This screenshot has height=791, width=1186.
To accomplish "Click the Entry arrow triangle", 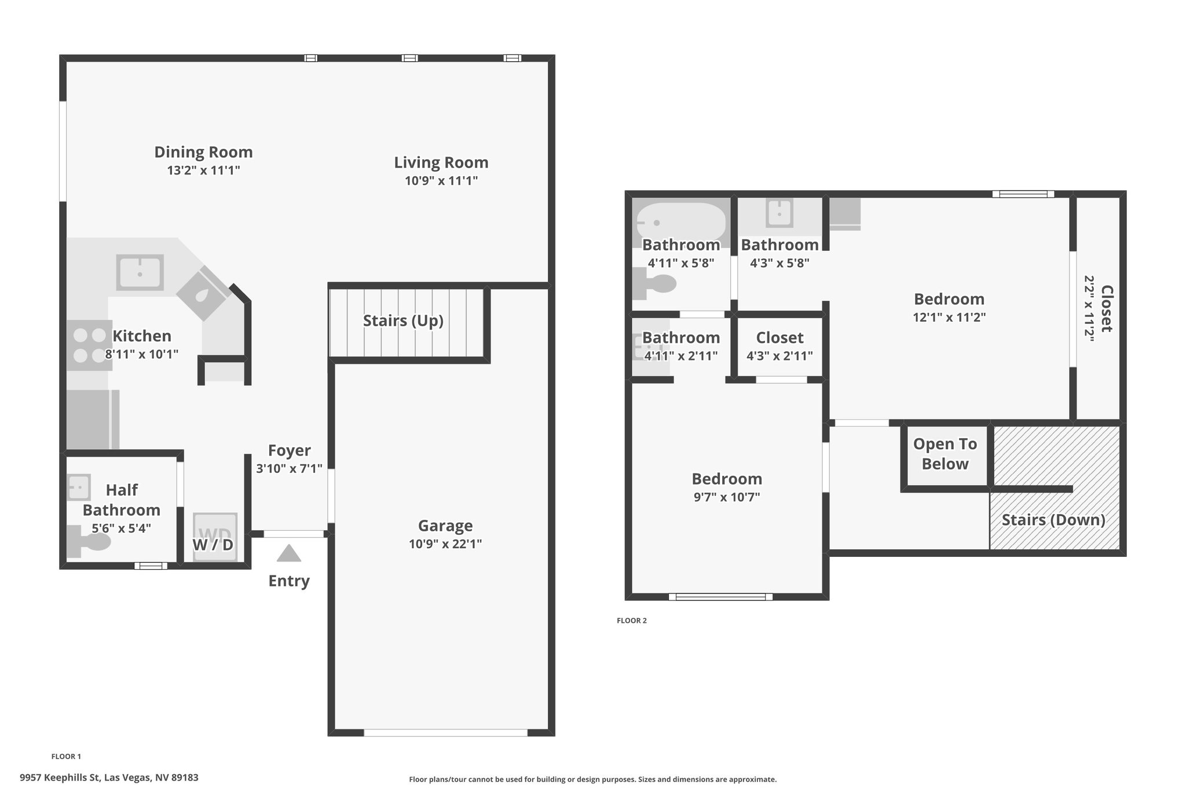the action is coord(289,554).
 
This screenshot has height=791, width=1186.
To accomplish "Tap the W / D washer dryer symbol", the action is coord(215,537).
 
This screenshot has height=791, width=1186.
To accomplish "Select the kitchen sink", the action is coord(140,272).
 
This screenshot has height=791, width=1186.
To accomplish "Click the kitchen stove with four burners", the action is coord(90,345).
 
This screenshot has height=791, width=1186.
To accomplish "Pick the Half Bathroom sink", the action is coord(79,487).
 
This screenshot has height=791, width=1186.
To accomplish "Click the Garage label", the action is coord(445,526).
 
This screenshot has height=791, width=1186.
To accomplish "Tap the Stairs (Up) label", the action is coord(403,320).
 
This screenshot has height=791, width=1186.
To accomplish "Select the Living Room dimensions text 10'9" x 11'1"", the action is coord(441,180).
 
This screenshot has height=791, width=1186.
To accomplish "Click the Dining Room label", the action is coord(203,152).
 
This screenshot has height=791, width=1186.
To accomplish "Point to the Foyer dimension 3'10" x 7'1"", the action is coord(289,468).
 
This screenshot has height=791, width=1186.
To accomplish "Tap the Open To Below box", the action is coord(945,455).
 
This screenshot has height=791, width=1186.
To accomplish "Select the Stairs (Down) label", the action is coord(1053,520).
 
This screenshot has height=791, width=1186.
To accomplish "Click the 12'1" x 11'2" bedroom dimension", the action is coord(949,317).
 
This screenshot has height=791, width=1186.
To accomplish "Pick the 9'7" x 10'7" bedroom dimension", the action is coord(727,497).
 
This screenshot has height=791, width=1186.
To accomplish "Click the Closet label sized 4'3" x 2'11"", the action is coord(779,337).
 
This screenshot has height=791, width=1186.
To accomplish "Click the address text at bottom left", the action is coord(109,778).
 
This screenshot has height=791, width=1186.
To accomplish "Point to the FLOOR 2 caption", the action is coord(632,621).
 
